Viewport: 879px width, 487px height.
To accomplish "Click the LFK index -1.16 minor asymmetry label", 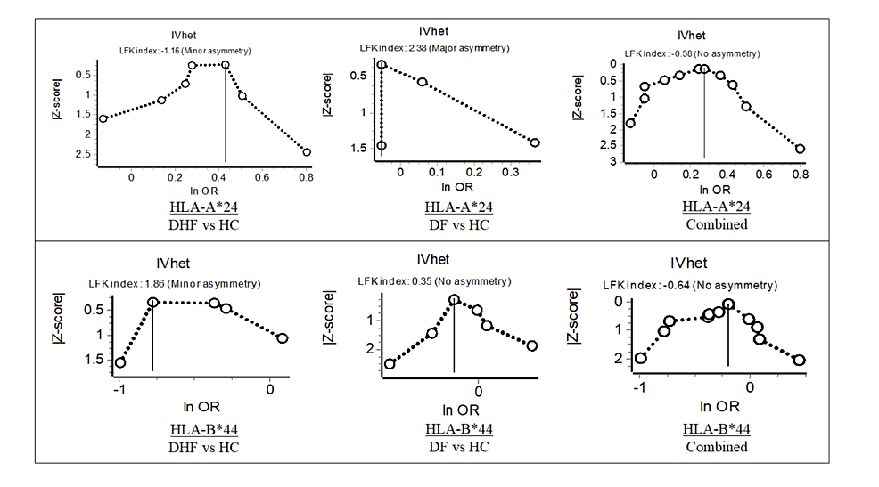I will [181, 51].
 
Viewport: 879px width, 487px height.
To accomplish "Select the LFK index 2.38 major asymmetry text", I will [433, 47].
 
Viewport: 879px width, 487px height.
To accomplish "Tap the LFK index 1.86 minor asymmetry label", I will [174, 283].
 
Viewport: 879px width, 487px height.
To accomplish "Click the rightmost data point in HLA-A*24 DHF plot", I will [307, 152].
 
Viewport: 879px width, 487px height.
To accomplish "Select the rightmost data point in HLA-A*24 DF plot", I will [535, 142].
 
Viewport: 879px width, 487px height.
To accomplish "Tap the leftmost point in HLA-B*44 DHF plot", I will [120, 362].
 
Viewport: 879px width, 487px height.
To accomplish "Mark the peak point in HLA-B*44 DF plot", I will [454, 300].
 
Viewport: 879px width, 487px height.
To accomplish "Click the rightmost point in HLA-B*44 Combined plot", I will [799, 360].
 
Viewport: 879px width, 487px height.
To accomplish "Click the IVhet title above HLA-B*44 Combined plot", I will [688, 264].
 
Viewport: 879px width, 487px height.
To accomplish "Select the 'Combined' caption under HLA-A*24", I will [716, 224].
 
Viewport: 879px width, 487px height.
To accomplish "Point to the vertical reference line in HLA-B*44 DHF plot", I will [152, 338].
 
